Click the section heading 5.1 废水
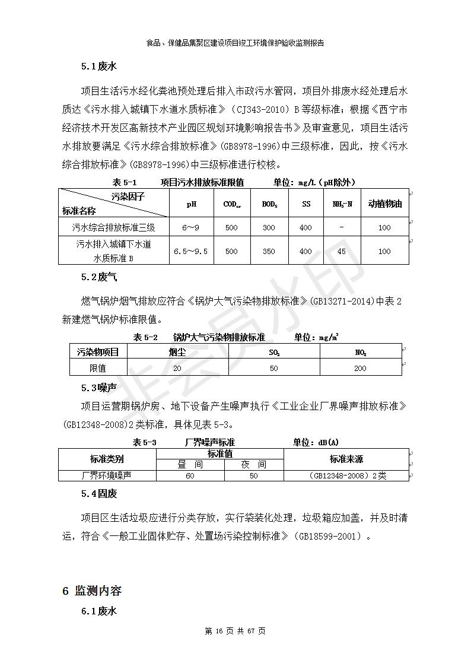pyautogui.click(x=99, y=66)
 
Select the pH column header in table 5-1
pyautogui.click(x=191, y=204)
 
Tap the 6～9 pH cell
pyautogui.click(x=191, y=227)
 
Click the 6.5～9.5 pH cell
pyautogui.click(x=191, y=251)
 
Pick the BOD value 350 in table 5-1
pyautogui.click(x=269, y=251)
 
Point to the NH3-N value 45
pyautogui.click(x=342, y=251)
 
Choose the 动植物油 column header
pyautogui.click(x=384, y=204)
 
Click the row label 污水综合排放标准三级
pyautogui.click(x=113, y=227)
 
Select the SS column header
pyautogui.click(x=306, y=204)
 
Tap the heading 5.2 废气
pyautogui.click(x=99, y=277)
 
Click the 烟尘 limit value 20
pyautogui.click(x=177, y=368)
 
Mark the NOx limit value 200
pyautogui.click(x=361, y=368)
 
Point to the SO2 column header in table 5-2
pyautogui.click(x=274, y=352)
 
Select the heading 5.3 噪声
pyautogui.click(x=99, y=388)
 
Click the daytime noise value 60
pyautogui.click(x=190, y=475)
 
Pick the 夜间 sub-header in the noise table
pyautogui.click(x=253, y=465)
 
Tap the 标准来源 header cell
pyautogui.click(x=346, y=459)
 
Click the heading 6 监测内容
pyautogui.click(x=92, y=591)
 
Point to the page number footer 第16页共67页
pyautogui.click(x=235, y=631)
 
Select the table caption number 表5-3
pyautogui.click(x=145, y=442)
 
